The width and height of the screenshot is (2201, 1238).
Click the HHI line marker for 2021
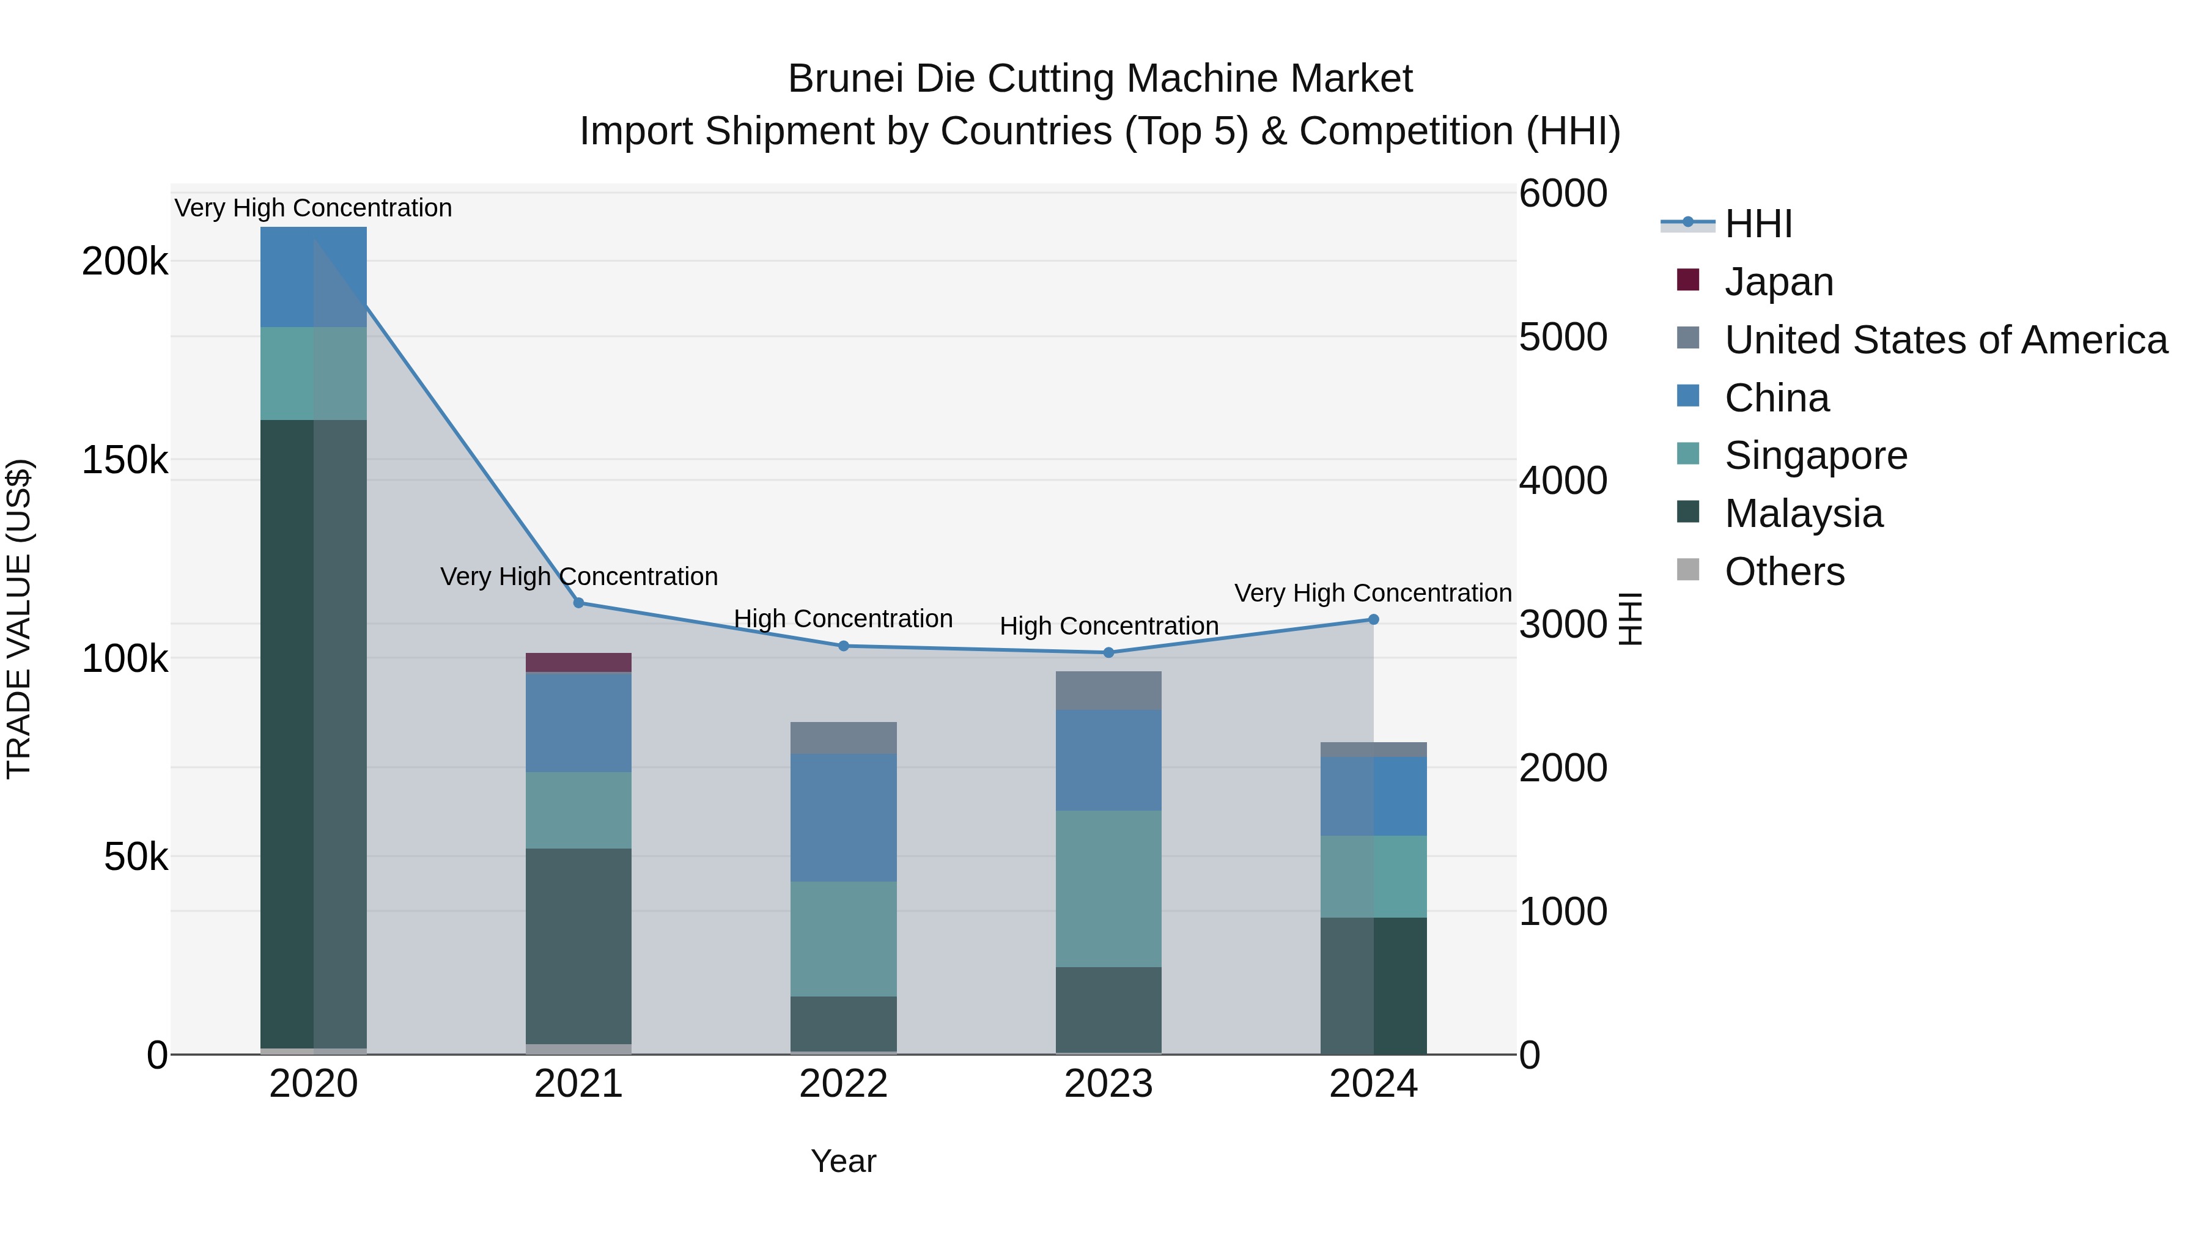point(578,603)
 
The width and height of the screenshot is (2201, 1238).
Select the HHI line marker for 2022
point(843,646)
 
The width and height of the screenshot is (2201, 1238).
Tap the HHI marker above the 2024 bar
point(1373,619)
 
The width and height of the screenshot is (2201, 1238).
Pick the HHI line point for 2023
point(1108,653)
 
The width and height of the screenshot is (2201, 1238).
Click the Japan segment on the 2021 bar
point(578,662)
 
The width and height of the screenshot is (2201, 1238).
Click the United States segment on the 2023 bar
point(1108,690)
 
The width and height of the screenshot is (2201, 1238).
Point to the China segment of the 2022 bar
point(843,817)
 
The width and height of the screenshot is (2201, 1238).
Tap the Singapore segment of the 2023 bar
point(1108,888)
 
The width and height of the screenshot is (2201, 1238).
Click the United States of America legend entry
point(1945,340)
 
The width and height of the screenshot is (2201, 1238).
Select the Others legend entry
point(1784,572)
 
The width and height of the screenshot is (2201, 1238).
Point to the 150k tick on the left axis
point(125,460)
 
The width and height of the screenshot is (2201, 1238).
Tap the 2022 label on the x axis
point(843,1084)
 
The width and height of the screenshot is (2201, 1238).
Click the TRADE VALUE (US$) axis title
point(19,619)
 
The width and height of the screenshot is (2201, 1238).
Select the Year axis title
point(843,1161)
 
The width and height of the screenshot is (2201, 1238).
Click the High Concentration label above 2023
point(1108,626)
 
